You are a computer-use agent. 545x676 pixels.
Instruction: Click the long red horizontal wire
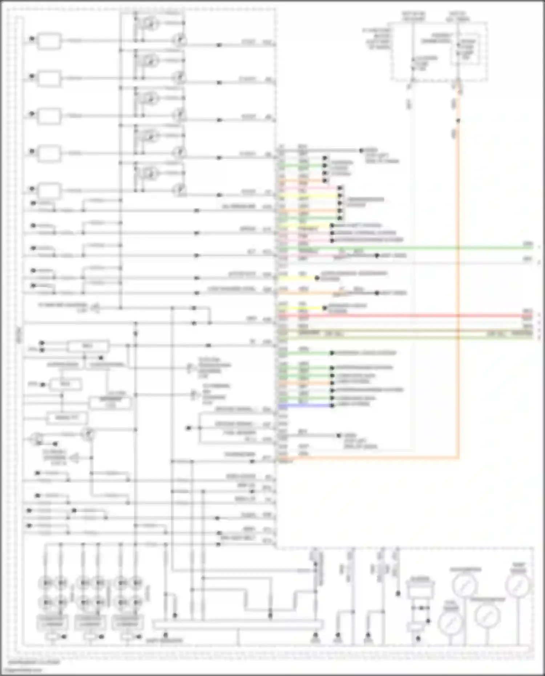[400, 316]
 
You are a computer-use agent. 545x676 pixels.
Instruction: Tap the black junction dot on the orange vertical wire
[459, 121]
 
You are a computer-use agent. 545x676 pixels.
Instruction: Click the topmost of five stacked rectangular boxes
[49, 41]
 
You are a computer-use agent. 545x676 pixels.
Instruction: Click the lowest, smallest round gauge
[450, 623]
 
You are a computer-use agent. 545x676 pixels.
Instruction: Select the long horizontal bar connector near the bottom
[238, 625]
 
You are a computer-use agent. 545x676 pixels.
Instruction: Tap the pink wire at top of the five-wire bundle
[309, 188]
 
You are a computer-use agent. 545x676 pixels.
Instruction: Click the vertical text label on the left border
[19, 334]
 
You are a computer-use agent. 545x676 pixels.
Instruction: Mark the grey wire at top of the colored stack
[323, 150]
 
